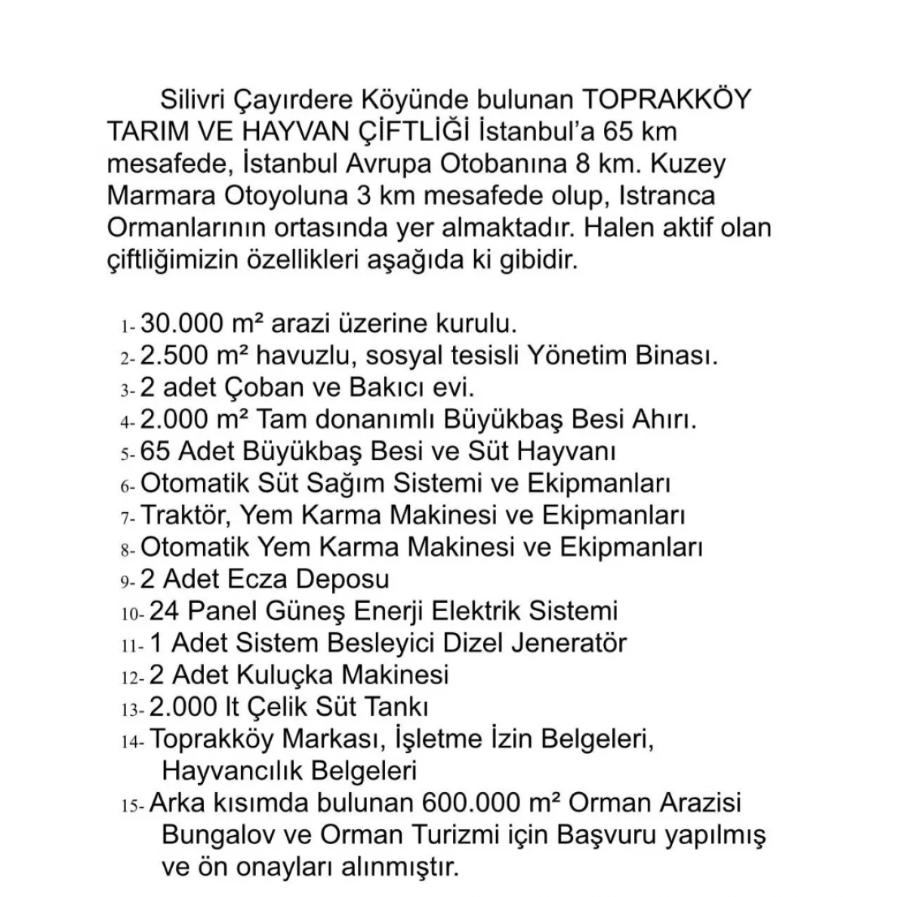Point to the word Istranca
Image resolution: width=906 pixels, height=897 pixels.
667,195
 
